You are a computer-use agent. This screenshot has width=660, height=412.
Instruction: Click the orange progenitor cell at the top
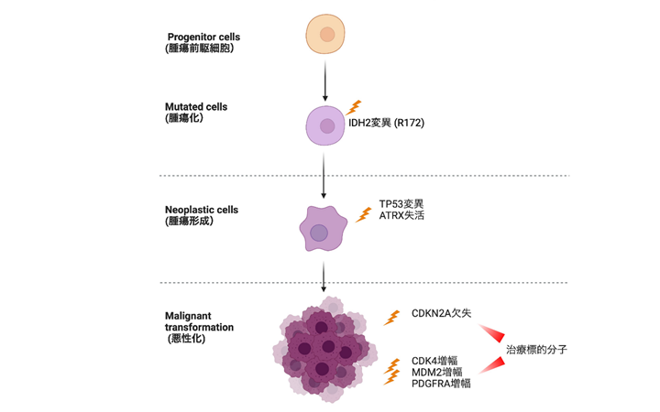tap(324, 35)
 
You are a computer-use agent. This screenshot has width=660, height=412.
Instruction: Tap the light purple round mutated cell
tap(325, 125)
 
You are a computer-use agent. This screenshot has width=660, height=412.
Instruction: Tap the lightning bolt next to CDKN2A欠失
tap(393, 317)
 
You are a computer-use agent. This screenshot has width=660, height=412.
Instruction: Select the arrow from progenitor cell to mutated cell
tap(325, 78)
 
